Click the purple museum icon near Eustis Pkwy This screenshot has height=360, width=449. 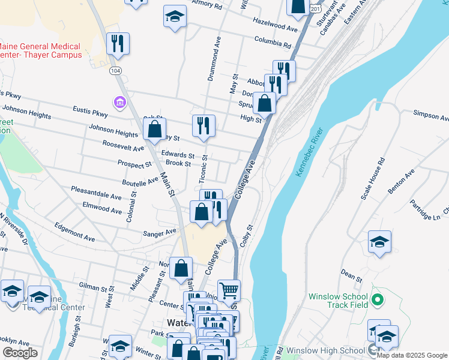(x=119, y=103)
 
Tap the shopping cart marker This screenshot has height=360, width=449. (x=229, y=292)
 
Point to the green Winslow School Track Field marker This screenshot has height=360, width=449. (x=377, y=299)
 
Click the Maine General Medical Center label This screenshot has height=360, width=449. (x=41, y=50)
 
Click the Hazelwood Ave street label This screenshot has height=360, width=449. (x=275, y=28)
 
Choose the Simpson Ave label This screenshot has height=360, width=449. (x=429, y=113)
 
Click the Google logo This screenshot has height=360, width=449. (x=20, y=353)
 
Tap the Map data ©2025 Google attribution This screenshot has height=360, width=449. (x=411, y=355)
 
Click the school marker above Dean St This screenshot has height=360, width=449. (x=379, y=242)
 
